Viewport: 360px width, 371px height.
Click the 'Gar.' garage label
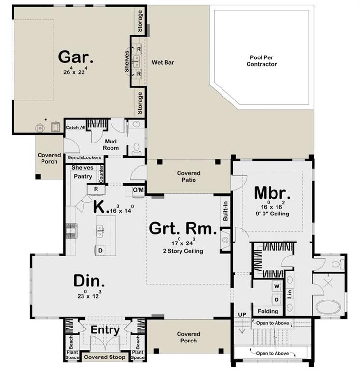pos(76,57)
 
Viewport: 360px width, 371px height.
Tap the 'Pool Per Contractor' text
pos(262,61)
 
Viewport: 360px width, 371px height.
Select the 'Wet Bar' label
pos(163,62)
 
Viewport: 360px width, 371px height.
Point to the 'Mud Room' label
pos(111,144)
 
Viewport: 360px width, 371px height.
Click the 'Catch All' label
pos(75,128)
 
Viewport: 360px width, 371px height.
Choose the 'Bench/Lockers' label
pos(84,157)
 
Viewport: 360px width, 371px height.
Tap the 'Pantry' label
pos(83,176)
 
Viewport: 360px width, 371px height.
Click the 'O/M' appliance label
pos(138,190)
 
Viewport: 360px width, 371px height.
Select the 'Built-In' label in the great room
pos(225,211)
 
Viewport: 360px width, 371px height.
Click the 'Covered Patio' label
pos(189,176)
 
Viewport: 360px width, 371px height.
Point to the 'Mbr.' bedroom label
pos(272,193)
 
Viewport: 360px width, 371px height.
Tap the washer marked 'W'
pos(277,286)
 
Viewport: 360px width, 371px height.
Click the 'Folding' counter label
pos(268,311)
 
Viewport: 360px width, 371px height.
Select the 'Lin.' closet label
pos(290,293)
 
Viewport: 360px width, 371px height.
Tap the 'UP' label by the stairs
pos(242,314)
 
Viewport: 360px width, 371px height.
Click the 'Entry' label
pos(105,330)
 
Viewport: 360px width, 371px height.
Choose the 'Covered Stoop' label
pos(105,357)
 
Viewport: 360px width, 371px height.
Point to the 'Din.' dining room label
pos(89,281)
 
